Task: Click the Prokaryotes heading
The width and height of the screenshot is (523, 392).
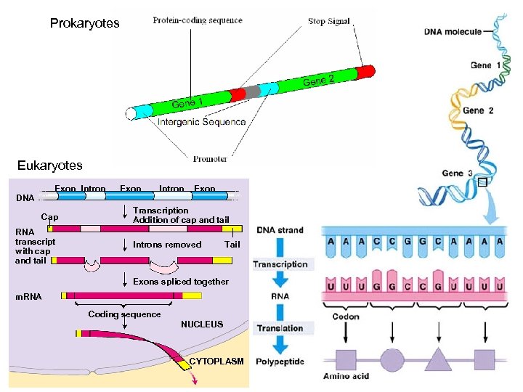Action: [84, 24]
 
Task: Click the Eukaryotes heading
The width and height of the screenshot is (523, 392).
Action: [51, 166]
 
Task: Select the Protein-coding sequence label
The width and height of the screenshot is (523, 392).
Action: [197, 20]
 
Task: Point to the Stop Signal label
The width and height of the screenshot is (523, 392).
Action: [328, 22]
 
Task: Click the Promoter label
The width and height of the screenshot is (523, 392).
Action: [210, 158]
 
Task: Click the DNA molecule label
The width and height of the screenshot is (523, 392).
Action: [453, 32]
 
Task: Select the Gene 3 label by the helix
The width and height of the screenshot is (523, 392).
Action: [458, 173]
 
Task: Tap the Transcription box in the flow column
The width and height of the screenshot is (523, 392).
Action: [280, 264]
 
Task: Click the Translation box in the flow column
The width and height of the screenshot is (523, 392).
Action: [280, 328]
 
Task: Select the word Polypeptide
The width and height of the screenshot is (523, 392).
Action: [280, 362]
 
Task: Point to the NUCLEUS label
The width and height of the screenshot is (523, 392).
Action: [202, 324]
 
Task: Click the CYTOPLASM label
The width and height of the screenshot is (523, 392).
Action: [216, 362]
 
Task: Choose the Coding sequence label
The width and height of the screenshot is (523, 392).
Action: [124, 314]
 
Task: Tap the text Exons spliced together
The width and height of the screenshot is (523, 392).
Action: [181, 282]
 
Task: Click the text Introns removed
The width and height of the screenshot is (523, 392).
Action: [167, 245]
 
